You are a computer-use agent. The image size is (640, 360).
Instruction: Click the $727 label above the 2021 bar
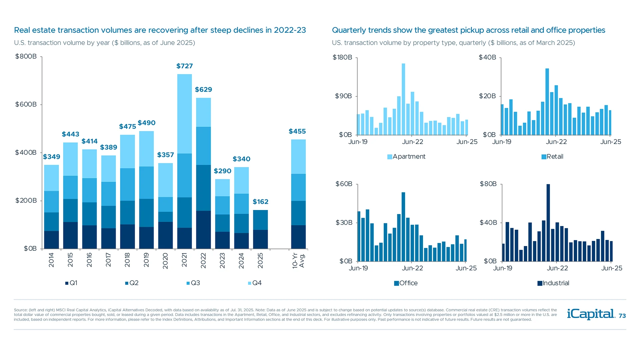(184, 66)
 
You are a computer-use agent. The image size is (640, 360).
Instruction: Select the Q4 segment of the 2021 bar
(184, 113)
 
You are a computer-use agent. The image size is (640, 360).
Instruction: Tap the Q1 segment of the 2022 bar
(203, 229)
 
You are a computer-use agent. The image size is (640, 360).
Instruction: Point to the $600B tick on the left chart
(26, 104)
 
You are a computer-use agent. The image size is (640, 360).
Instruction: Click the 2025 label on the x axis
(260, 260)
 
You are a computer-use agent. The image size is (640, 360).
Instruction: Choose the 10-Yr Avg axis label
(298, 260)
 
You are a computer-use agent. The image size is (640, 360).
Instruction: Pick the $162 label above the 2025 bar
(260, 202)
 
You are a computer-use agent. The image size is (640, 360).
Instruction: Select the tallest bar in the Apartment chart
(403, 99)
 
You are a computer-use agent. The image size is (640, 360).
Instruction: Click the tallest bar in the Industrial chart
(548, 222)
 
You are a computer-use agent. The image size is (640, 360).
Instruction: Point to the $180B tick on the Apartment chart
(342, 57)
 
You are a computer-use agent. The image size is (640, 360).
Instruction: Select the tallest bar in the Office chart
(403, 227)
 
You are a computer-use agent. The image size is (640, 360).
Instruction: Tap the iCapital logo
(591, 314)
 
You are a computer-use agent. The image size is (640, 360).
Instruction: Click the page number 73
(622, 316)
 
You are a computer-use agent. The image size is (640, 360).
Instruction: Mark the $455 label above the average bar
(297, 131)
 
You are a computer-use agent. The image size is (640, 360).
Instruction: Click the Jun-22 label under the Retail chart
(556, 142)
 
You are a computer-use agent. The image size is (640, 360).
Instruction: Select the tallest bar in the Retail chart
(547, 102)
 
